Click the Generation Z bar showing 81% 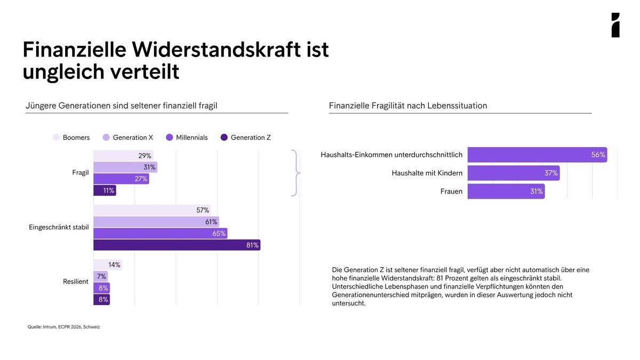coord(177,245)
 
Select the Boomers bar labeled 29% coord(123,156)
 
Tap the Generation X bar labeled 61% coord(156,222)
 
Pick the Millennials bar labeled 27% coord(121,179)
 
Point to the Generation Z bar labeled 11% coord(105,190)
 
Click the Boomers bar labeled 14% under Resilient coord(108,265)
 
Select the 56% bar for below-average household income coord(538,155)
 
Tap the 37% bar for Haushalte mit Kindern coord(514,173)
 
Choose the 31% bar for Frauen coord(506,191)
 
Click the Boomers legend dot coord(57,138)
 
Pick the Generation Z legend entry coord(246,138)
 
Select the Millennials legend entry coord(187,138)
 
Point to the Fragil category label coord(81,173)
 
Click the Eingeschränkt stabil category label coord(59,227)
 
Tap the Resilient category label coord(76,282)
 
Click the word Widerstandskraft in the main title coord(217,50)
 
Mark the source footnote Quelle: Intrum coord(63,327)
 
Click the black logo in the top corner coord(615,25)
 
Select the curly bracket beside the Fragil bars coord(296,173)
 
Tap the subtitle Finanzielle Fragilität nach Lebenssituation coord(408,106)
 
